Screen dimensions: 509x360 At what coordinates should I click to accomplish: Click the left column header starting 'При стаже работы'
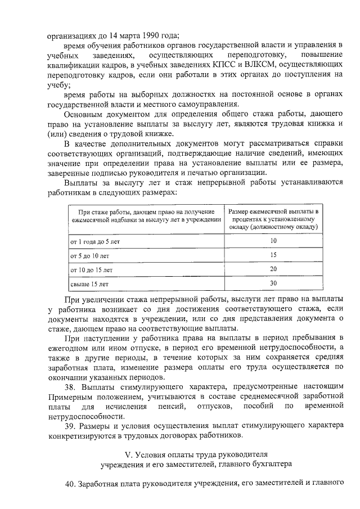tap(145, 215)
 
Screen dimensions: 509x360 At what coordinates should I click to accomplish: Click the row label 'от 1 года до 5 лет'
tap(94, 241)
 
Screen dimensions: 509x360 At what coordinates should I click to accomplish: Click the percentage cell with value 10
tap(273, 241)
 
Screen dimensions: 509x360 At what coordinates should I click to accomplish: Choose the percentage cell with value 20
tap(273, 269)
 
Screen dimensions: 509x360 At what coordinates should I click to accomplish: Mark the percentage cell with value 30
tap(273, 283)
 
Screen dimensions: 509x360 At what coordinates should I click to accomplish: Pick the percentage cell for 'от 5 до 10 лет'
tap(273, 255)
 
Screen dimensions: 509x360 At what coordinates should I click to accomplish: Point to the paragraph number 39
tap(70, 425)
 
